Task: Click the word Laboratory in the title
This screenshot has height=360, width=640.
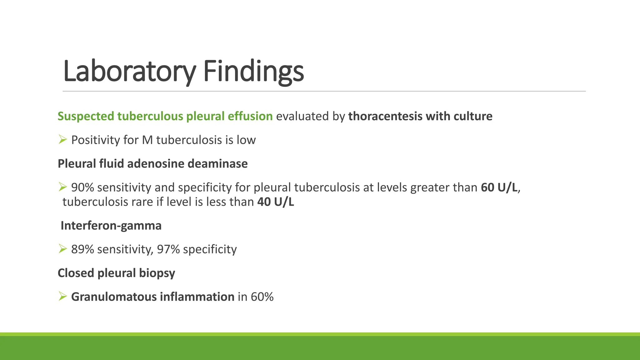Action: pos(129,71)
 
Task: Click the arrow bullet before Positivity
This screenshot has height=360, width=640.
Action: pos(62,139)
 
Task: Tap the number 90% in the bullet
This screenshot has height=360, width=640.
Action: pos(82,187)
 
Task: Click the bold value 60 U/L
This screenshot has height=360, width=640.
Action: pos(499,187)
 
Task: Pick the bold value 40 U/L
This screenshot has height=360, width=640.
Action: pos(276,202)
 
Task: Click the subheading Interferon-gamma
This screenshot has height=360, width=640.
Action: pos(111,226)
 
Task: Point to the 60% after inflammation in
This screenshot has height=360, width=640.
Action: pos(262,297)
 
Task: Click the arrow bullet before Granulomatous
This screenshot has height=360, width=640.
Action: pos(62,296)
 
